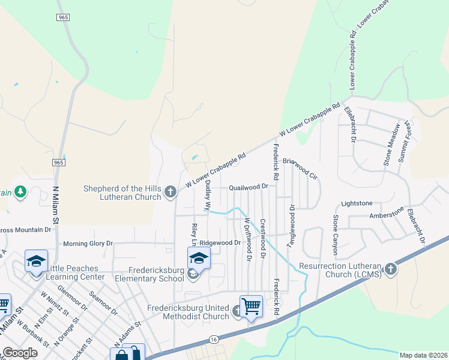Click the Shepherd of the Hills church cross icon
point(170,192)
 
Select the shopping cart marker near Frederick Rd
point(251,306)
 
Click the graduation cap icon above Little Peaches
point(36,261)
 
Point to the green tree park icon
point(21,192)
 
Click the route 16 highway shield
point(214,340)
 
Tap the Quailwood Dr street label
point(248,187)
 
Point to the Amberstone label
point(387,215)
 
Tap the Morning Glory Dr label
point(88,244)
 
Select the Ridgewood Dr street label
point(220,243)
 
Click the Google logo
point(20,353)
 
